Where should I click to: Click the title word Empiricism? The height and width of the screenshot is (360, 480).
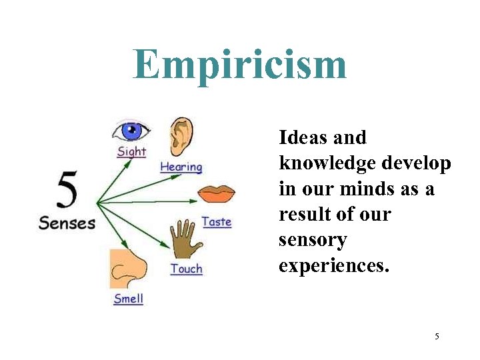[x=240, y=65]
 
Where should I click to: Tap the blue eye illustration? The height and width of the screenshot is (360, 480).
[x=131, y=129]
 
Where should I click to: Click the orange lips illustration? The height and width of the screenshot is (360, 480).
[x=216, y=195]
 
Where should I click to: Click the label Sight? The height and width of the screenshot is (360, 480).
[x=131, y=151]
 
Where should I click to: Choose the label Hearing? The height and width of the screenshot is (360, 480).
[x=181, y=167]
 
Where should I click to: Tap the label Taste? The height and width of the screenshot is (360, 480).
[x=216, y=221]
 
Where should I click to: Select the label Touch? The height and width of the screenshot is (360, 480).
[x=186, y=269]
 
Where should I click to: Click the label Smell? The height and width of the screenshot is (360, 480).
[x=128, y=298]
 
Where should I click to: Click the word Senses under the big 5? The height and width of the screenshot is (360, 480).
[x=67, y=223]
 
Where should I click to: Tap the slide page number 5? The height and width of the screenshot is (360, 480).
[x=437, y=336]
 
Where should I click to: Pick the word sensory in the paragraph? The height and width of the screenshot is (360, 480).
[x=313, y=240]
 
